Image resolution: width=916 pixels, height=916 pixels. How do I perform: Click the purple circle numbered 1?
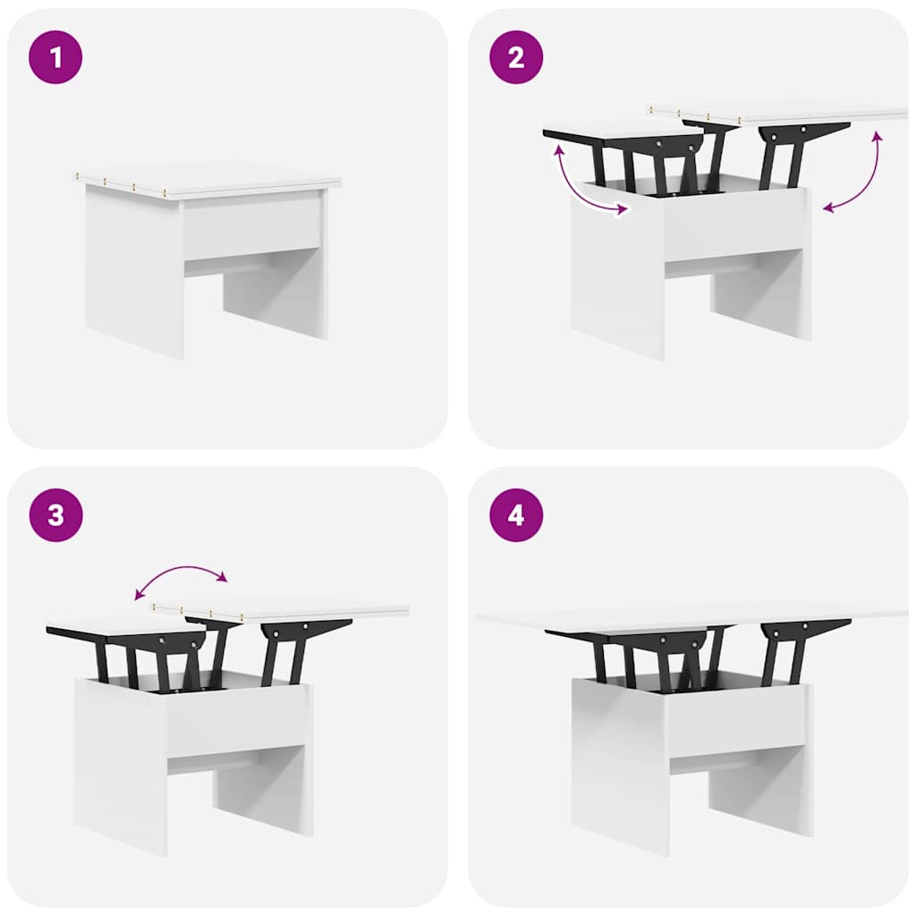point(55,57)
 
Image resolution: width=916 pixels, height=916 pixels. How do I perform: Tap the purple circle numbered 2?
point(516,57)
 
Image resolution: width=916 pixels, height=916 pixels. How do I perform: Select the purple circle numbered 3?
point(55,515)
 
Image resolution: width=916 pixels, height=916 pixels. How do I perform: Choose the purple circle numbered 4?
point(516,515)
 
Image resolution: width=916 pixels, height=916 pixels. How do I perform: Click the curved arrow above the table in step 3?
point(181,568)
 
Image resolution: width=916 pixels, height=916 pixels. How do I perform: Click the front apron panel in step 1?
point(252,226)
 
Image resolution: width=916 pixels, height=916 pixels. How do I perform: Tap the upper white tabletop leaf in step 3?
point(280,609)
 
